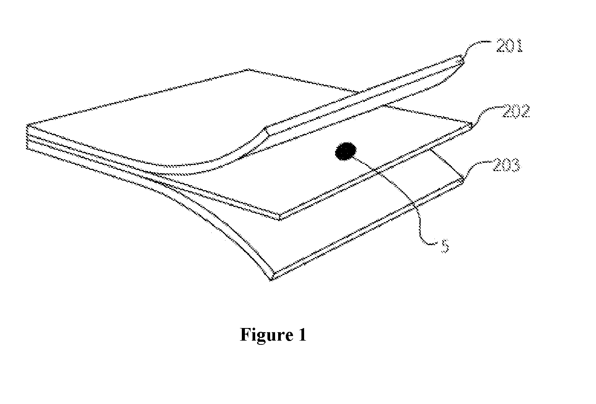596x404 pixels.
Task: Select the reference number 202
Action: [515, 112]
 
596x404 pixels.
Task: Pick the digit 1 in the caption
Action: [302, 334]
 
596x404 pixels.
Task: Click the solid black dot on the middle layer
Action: [345, 152]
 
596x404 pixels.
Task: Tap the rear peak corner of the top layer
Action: [248, 69]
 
